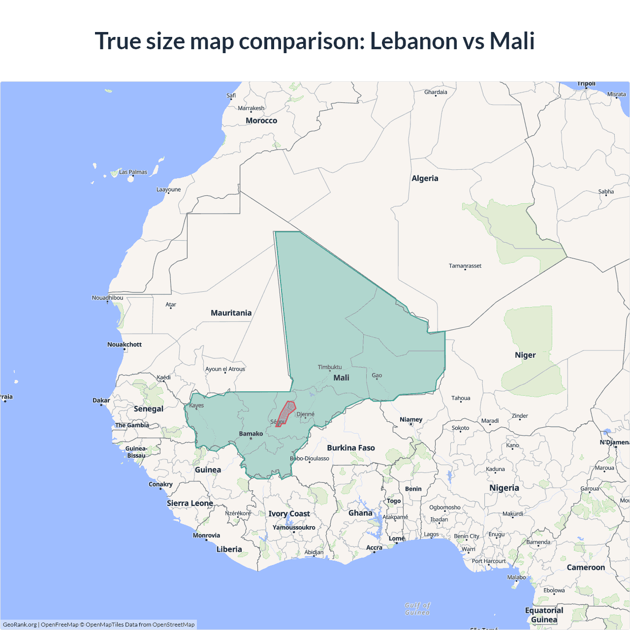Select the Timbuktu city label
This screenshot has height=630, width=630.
[329, 367]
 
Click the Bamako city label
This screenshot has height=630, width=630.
[251, 434]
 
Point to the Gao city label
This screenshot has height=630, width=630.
[377, 376]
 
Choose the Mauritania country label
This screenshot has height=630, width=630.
[231, 313]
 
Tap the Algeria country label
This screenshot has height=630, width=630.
[425, 178]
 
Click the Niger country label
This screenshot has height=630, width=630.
[525, 355]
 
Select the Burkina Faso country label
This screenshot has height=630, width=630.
[351, 448]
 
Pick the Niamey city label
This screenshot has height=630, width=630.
[411, 419]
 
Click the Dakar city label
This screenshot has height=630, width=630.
[101, 400]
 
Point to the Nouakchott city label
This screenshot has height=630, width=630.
[125, 345]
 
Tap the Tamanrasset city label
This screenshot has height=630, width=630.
[465, 266]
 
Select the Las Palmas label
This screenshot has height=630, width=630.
[133, 172]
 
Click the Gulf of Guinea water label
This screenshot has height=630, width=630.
[417, 609]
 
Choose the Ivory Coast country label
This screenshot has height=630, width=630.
[289, 514]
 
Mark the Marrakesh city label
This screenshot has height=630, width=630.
[251, 108]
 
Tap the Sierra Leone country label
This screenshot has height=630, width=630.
[189, 503]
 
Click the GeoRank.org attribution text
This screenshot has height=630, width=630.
[20, 625]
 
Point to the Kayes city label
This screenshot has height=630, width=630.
[196, 406]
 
